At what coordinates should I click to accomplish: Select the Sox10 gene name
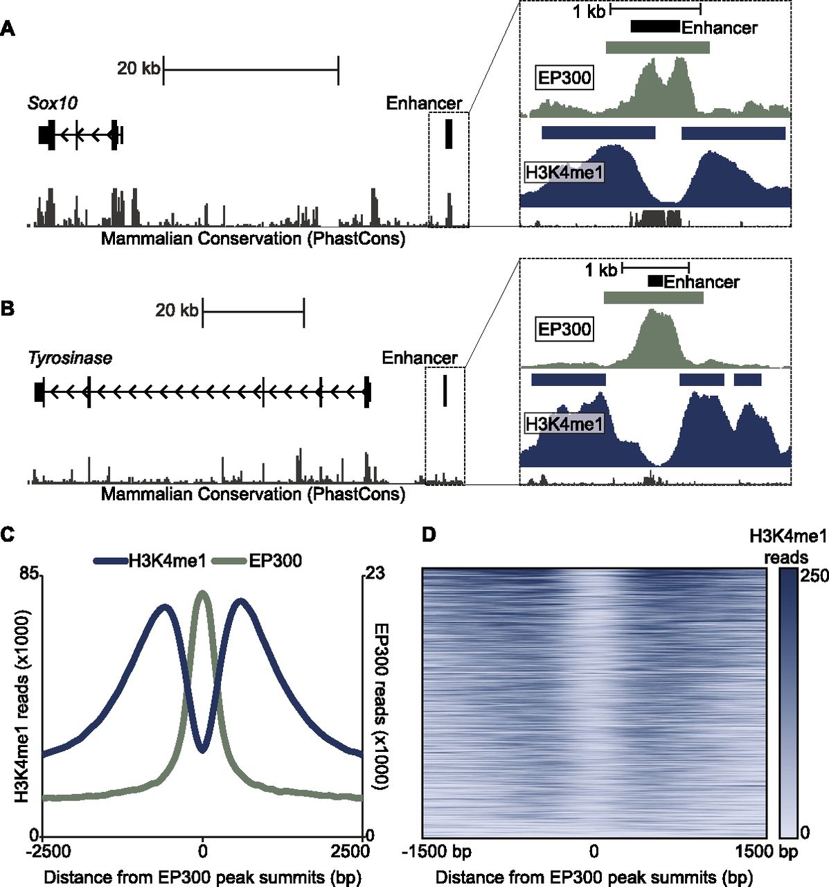53,103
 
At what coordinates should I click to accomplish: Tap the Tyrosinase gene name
70,358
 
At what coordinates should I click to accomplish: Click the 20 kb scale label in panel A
139,68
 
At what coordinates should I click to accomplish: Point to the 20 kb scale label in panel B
177,310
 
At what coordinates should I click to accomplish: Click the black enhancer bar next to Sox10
449,134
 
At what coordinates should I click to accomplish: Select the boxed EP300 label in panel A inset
565,78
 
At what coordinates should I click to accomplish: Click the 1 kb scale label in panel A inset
589,11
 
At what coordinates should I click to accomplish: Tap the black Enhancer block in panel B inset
655,281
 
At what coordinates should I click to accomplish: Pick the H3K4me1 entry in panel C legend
167,561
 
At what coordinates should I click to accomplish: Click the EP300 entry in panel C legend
275,561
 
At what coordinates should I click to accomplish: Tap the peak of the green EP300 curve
202,592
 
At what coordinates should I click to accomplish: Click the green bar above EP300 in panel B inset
653,298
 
